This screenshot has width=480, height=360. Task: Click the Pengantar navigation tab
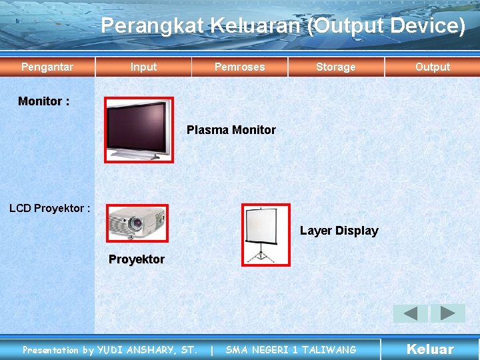[x=47, y=67]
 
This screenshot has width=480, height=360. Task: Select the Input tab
[x=143, y=67]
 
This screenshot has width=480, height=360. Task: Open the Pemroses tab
[x=239, y=67]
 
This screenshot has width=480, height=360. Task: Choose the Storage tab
[x=335, y=67]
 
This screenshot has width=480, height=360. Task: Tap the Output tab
[x=432, y=67]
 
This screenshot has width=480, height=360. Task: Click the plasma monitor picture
[x=139, y=130]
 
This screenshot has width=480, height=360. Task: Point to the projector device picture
[x=137, y=223]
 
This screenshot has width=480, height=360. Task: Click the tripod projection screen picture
[x=266, y=235]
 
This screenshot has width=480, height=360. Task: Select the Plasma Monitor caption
[x=231, y=130]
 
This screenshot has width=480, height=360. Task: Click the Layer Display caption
[x=339, y=231]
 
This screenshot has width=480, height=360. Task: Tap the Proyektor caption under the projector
[x=137, y=259]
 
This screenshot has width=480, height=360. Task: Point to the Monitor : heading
[x=44, y=101]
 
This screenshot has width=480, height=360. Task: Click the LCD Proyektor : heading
[x=49, y=208]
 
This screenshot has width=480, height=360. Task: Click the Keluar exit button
[x=430, y=349]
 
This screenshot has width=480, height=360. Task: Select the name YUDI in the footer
[x=111, y=350]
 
